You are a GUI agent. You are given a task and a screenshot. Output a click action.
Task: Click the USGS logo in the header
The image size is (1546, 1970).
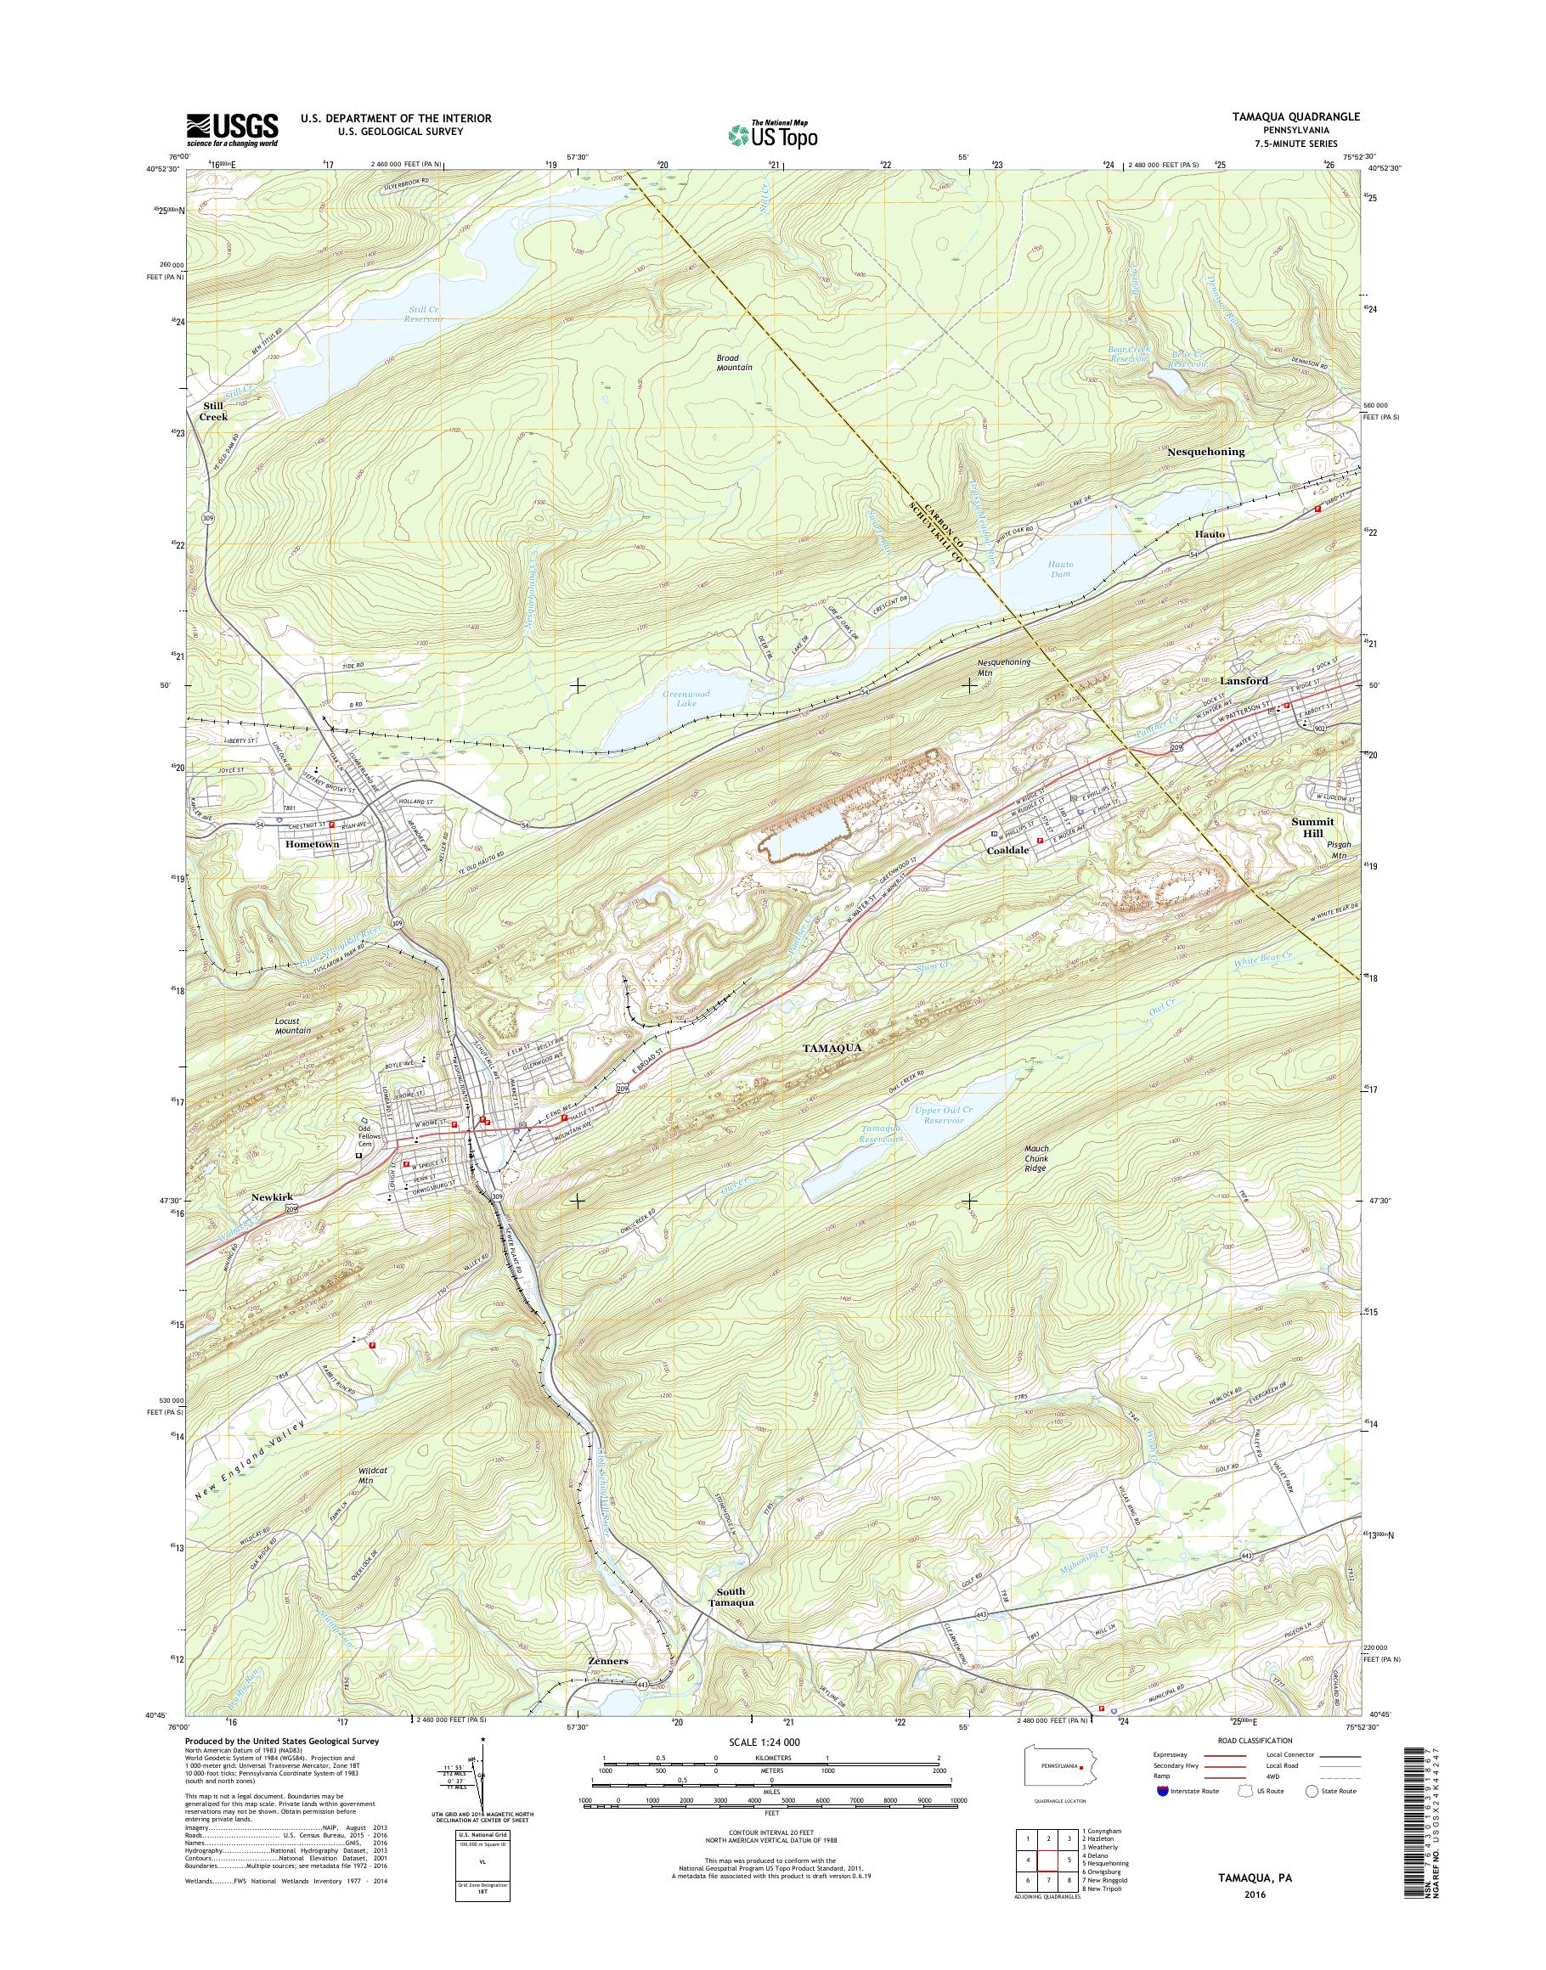pos(232,129)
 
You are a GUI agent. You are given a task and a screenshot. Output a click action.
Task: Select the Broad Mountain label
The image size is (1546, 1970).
pos(734,363)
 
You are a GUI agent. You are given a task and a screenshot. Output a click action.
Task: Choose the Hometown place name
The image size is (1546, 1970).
pos(312,844)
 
